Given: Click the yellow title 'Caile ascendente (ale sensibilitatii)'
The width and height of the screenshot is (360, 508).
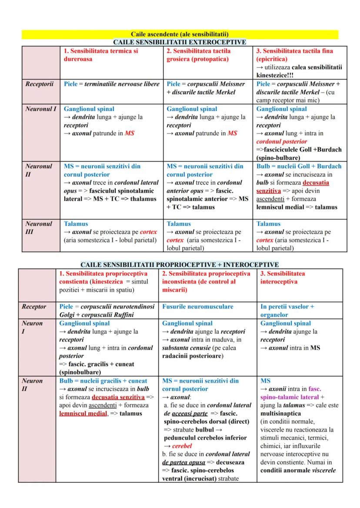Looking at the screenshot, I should pyautogui.click(x=180, y=34).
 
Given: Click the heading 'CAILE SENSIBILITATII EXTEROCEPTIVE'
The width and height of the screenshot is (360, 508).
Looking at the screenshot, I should pyautogui.click(x=180, y=42).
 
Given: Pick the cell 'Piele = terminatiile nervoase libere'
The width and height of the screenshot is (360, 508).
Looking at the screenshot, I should pyautogui.click(x=112, y=84).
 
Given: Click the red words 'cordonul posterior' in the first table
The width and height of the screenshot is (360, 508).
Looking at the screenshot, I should pyautogui.click(x=281, y=141).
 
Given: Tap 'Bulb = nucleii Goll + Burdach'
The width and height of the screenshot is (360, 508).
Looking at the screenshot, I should pyautogui.click(x=299, y=166).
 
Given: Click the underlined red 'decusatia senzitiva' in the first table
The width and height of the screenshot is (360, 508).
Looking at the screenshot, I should pyautogui.click(x=292, y=186).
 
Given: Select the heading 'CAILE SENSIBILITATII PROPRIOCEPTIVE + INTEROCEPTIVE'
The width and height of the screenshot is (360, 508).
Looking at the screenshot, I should pyautogui.click(x=180, y=264).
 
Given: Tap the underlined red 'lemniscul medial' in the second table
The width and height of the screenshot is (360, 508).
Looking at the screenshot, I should pyautogui.click(x=83, y=413).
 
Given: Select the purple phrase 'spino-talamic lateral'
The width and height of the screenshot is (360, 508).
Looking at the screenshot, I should pyautogui.click(x=289, y=397).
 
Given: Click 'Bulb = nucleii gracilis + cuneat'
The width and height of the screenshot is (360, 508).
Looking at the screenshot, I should pyautogui.click(x=103, y=381).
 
